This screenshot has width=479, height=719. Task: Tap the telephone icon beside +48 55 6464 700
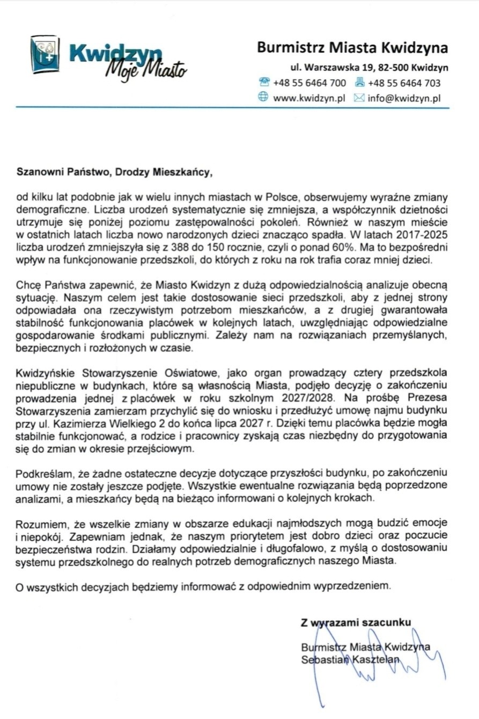[264, 83]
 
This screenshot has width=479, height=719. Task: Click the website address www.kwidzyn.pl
[308, 98]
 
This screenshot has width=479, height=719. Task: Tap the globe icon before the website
[263, 98]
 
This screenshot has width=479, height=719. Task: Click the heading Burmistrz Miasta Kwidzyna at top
[352, 48]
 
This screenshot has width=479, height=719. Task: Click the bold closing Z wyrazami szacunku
[356, 623]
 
